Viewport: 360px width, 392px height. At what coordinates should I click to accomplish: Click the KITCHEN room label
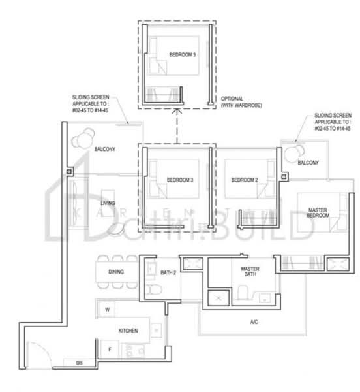coord(128,331)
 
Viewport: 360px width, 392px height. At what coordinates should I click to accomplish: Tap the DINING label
coord(116,272)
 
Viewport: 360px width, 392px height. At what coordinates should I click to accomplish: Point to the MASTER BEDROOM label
coord(322,214)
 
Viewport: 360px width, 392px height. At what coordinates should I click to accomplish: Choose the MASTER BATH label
coord(250,272)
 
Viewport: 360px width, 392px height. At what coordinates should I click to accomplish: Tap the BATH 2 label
coord(168,272)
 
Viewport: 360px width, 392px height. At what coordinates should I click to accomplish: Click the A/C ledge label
coord(254,322)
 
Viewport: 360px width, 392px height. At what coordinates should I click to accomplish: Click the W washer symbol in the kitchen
coord(106,308)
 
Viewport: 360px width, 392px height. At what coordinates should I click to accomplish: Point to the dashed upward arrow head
coord(174,112)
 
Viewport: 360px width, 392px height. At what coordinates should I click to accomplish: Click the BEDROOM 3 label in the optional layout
coord(182,55)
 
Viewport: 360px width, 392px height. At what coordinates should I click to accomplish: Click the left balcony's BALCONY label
coord(104,150)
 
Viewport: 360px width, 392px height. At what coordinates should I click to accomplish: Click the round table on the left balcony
coord(83,140)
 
